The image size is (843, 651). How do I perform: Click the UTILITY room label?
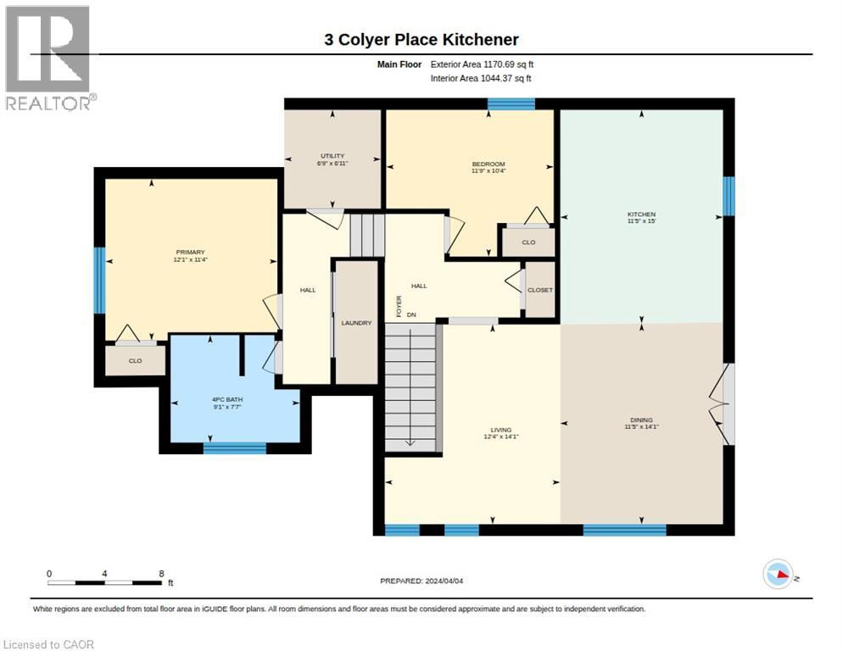[x=332, y=156]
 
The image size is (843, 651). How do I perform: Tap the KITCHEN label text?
[x=641, y=214]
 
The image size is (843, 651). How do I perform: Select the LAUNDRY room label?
[x=356, y=323]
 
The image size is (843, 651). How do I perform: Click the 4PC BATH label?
[x=227, y=399]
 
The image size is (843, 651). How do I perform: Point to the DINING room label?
[x=641, y=420]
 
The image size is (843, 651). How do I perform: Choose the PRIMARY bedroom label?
[x=190, y=252]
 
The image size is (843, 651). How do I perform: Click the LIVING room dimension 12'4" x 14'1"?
[x=501, y=437]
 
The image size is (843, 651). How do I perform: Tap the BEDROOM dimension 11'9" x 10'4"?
[x=488, y=171]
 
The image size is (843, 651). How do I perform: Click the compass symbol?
[x=778, y=574]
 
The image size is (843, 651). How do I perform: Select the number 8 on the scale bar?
[x=161, y=574]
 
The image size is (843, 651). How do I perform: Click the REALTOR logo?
[x=50, y=58]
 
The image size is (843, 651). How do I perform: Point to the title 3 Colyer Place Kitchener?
[x=421, y=40]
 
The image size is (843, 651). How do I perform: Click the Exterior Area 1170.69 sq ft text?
[x=482, y=64]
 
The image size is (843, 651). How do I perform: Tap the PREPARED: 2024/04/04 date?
[x=421, y=581]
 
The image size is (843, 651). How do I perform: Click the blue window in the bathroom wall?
[x=235, y=448]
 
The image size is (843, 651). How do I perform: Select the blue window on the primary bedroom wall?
[x=99, y=280]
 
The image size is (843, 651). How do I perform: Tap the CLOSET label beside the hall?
[x=539, y=290]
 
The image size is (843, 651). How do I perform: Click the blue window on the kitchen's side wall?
[x=729, y=196]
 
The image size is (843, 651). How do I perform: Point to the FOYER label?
[x=399, y=306]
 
